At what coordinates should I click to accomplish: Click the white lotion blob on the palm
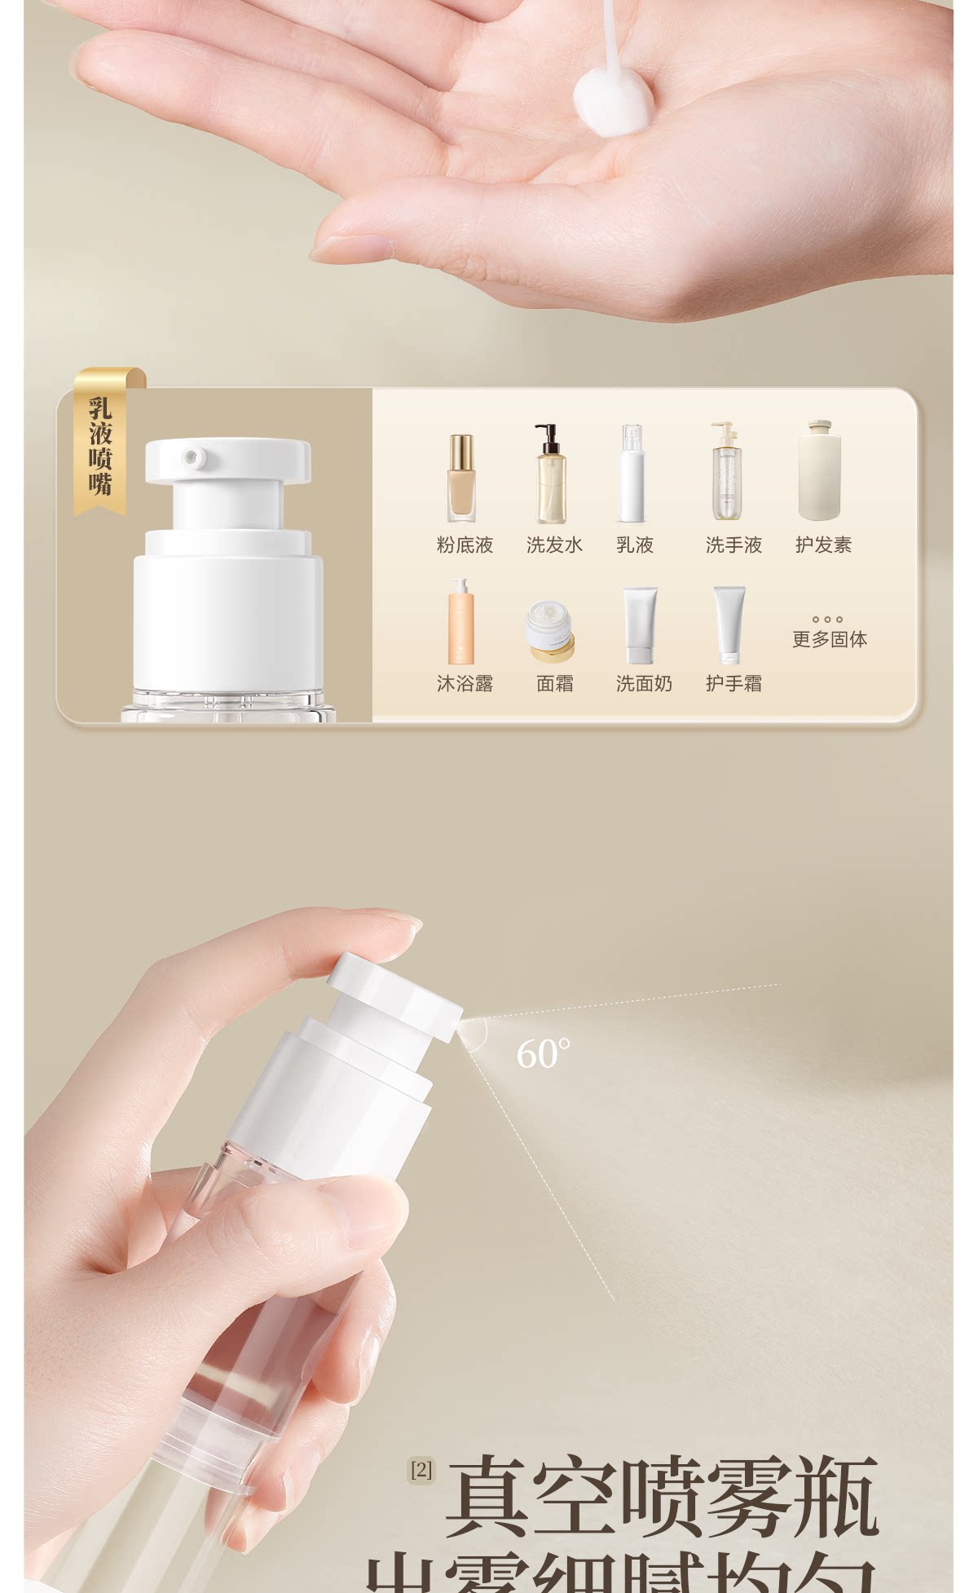click(x=612, y=101)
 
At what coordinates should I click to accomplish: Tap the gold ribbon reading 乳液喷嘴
click(x=100, y=444)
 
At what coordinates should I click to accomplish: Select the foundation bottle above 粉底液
click(x=461, y=478)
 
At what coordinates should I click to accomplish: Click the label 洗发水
click(x=554, y=545)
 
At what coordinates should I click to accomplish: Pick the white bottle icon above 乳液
click(x=632, y=474)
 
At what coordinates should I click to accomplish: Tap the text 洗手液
click(x=733, y=545)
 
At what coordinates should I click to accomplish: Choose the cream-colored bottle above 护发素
click(x=820, y=471)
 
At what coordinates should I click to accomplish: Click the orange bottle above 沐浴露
click(x=460, y=621)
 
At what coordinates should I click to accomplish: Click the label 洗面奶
click(x=644, y=684)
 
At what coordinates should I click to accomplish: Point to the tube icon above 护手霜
click(x=729, y=624)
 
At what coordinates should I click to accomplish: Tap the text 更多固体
click(x=829, y=640)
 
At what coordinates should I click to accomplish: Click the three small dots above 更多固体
click(x=827, y=620)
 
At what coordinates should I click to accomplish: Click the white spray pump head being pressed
click(x=395, y=995)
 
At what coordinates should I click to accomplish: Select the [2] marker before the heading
click(x=421, y=1471)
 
